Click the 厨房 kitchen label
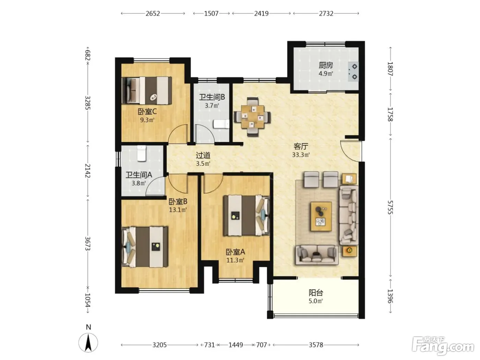[326, 65]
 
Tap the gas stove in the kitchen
[353, 72]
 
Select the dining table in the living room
[253, 117]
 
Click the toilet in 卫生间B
[221, 124]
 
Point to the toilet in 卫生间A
[141, 154]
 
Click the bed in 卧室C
[147, 90]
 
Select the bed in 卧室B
[145, 247]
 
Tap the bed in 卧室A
[246, 216]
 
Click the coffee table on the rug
[321, 216]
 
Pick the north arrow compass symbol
[88, 342]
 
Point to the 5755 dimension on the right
[390, 207]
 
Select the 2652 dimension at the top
[153, 14]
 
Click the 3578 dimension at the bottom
[316, 345]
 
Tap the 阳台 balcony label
[316, 292]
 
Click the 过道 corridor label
[203, 155]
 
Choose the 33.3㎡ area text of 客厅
[301, 155]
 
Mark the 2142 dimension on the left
[88, 171]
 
